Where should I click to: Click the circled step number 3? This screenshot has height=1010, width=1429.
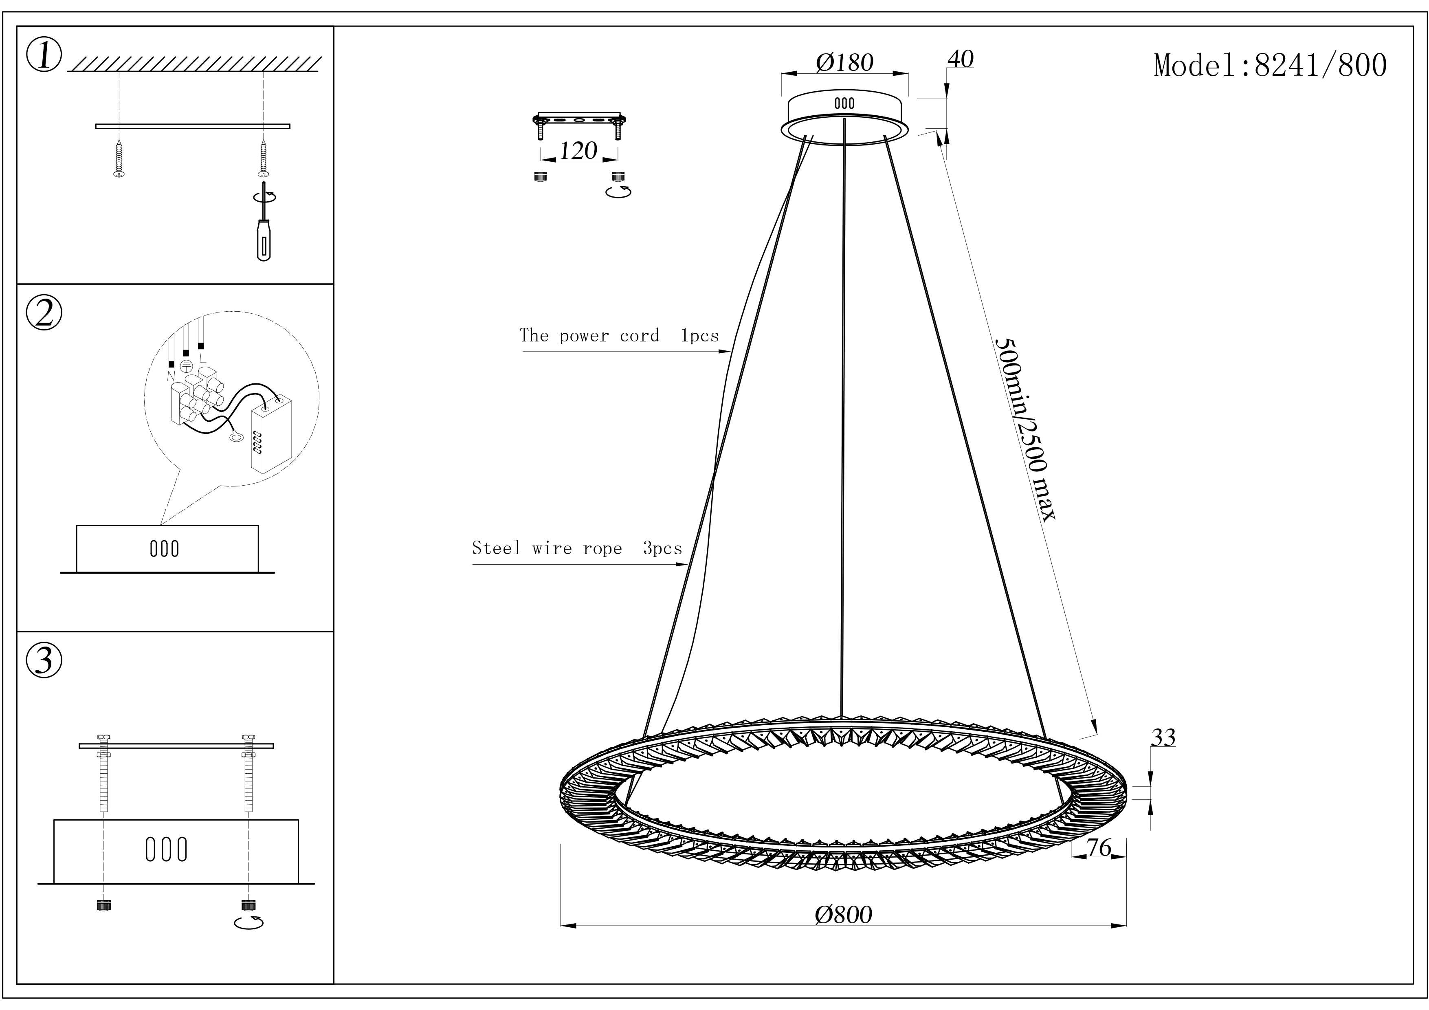(x=44, y=660)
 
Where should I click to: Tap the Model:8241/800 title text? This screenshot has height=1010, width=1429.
(x=1270, y=65)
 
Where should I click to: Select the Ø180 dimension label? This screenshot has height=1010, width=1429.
(x=844, y=62)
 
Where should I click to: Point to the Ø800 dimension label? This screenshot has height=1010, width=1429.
(x=843, y=914)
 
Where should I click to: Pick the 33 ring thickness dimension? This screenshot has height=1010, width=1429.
(x=1163, y=738)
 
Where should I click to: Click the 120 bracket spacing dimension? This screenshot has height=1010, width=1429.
(x=578, y=151)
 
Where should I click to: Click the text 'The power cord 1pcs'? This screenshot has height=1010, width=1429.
(x=619, y=336)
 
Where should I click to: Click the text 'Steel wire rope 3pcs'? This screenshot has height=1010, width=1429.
(x=577, y=548)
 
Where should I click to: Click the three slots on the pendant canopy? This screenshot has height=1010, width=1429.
(x=844, y=103)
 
